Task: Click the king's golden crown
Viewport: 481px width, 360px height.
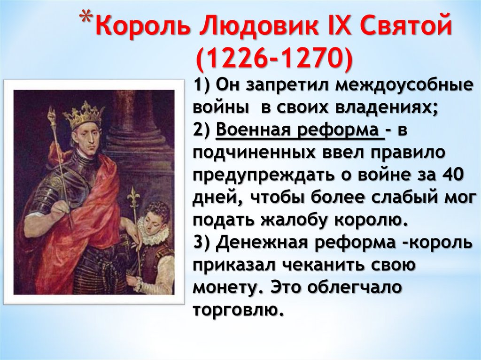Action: point(83,113)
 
